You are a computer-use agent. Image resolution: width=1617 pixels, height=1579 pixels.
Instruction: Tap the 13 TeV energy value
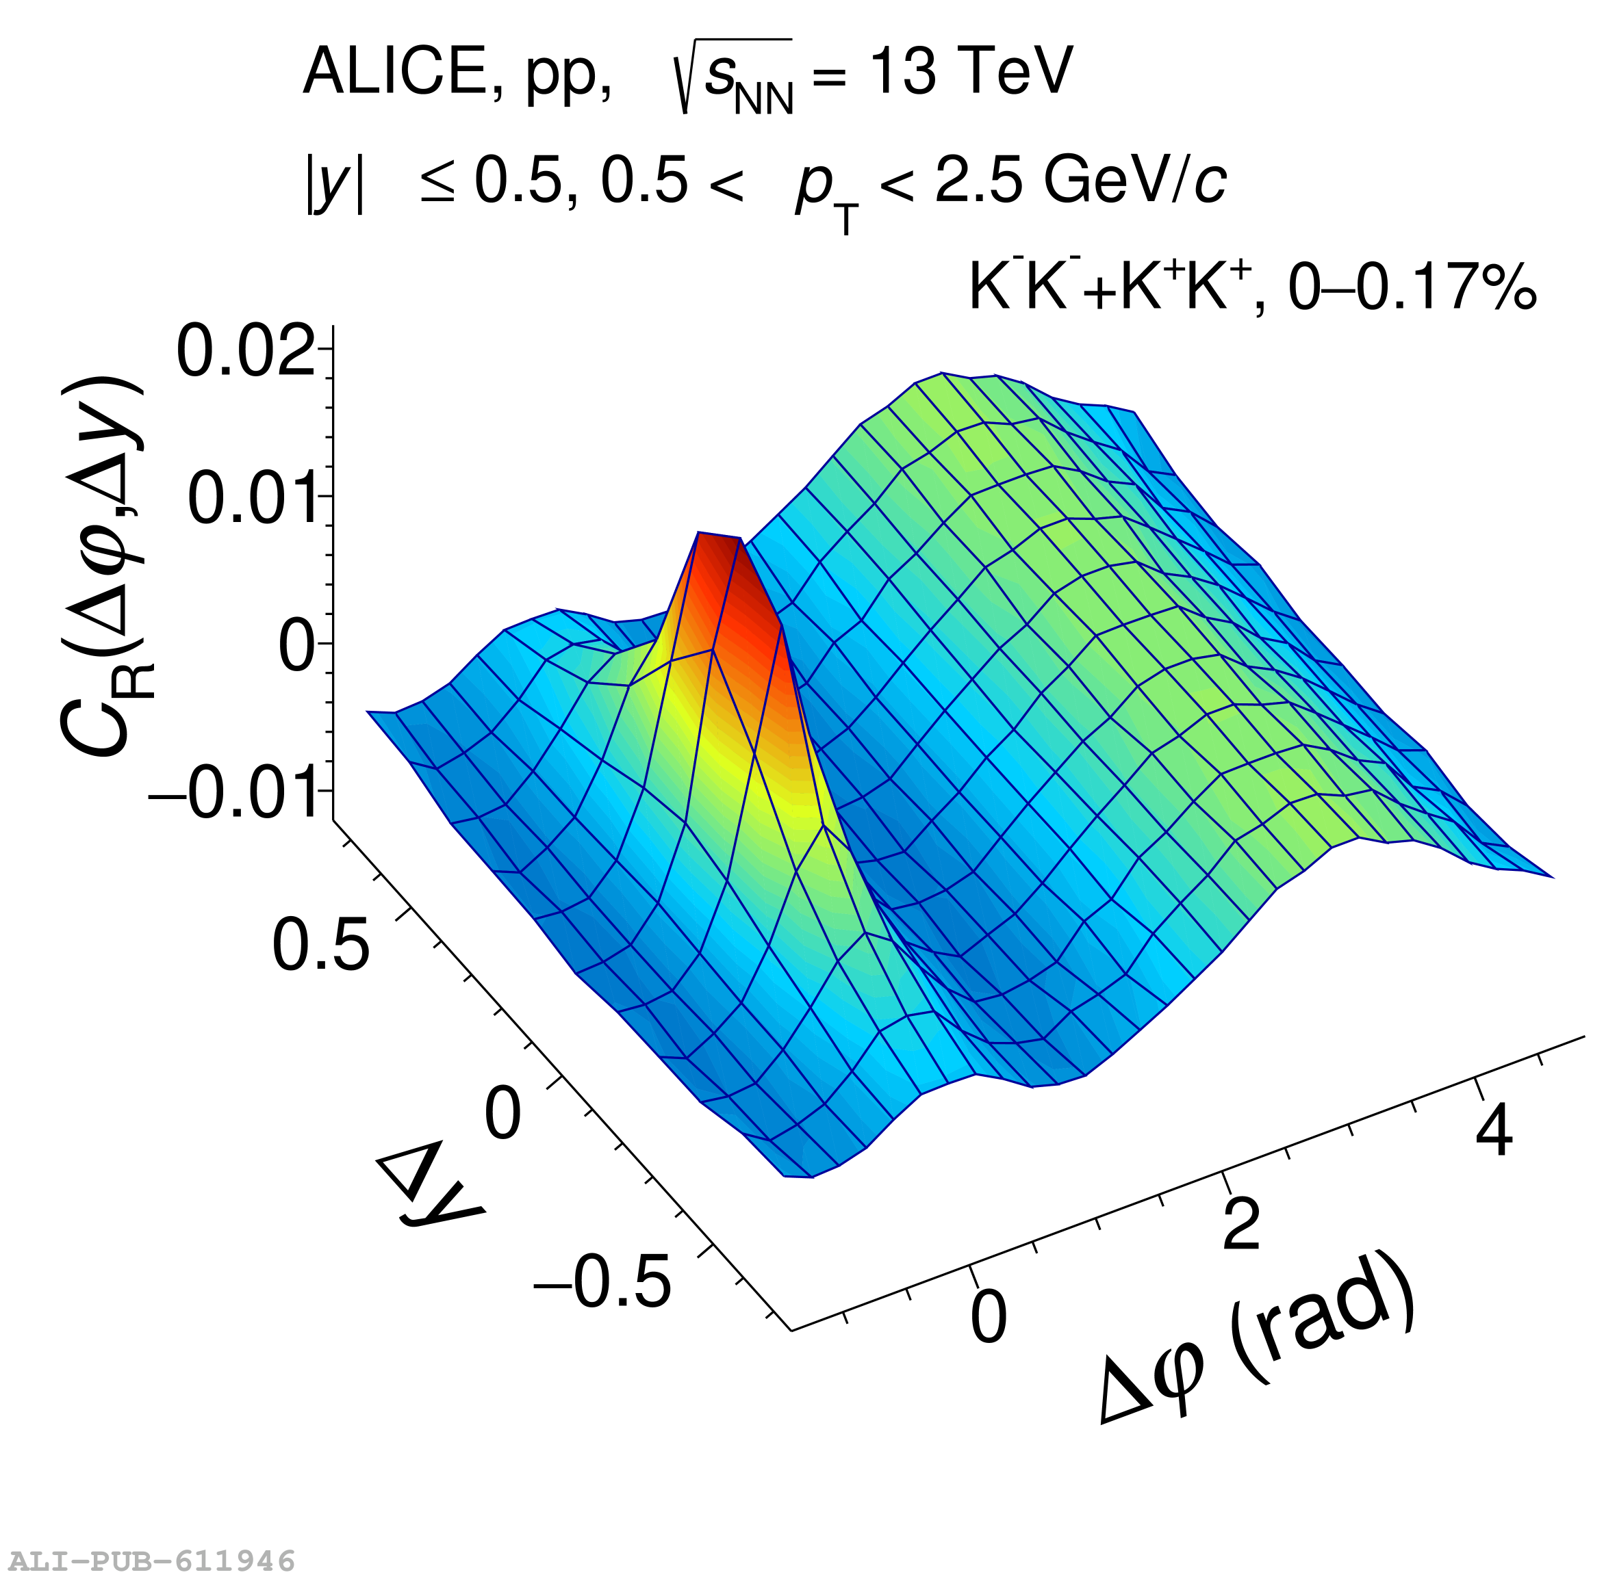coord(971,71)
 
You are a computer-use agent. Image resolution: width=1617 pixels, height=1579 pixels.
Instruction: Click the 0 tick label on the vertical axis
coord(297,646)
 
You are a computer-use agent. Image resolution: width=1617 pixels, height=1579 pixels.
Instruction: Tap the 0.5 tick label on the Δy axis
coord(320,945)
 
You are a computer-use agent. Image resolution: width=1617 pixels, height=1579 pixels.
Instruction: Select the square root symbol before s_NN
coord(685,79)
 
